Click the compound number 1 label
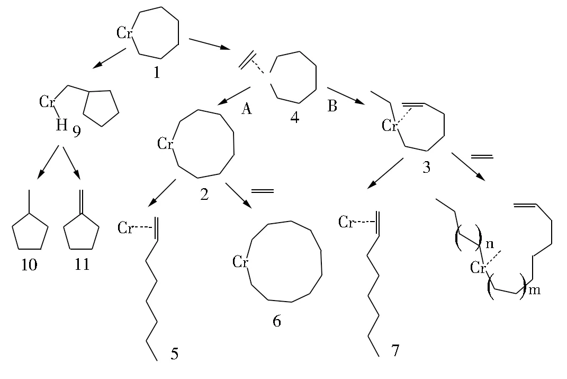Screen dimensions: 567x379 click(x=157, y=73)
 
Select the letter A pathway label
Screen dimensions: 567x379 click(x=246, y=108)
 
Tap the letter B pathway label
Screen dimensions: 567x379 click(x=332, y=105)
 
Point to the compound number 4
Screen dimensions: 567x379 click(x=295, y=117)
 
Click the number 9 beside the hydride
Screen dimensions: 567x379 click(x=77, y=131)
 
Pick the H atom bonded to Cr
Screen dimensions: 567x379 click(x=61, y=125)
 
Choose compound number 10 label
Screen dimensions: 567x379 click(x=29, y=265)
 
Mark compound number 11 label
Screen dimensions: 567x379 click(x=82, y=265)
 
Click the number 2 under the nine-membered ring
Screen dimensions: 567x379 click(x=204, y=195)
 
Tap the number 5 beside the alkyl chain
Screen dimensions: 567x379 click(x=174, y=354)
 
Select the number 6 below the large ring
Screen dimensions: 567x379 click(x=277, y=321)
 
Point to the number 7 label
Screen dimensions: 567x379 click(x=395, y=350)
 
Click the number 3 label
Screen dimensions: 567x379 click(x=426, y=168)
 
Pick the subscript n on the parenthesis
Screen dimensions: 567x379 click(x=490, y=244)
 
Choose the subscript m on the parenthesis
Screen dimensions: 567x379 click(x=535, y=290)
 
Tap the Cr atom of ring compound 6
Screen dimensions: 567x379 click(x=240, y=261)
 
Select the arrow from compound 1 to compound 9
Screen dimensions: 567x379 click(x=109, y=58)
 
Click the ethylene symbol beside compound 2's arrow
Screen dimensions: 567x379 click(x=263, y=191)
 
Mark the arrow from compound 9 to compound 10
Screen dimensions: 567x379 click(x=48, y=162)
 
